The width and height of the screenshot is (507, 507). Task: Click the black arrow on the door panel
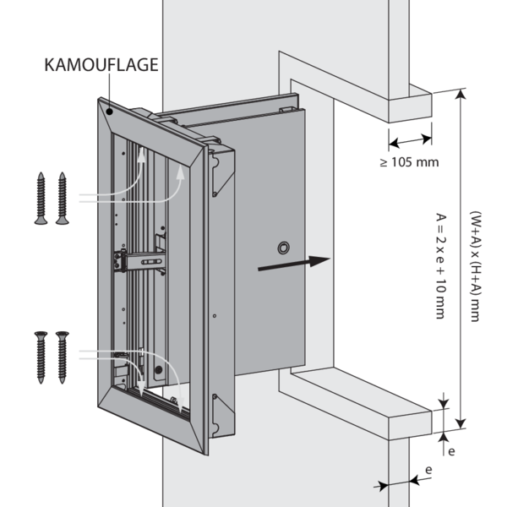click(292, 263)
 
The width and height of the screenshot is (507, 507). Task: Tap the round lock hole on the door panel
click(283, 247)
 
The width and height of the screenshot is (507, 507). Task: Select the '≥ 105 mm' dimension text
click(410, 161)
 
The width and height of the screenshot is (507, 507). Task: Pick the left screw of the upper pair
click(41, 198)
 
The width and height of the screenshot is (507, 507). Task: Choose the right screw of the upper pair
click(62, 198)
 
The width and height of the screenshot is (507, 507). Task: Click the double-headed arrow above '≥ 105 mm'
click(411, 139)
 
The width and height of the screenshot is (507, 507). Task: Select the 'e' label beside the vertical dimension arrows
click(451, 451)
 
